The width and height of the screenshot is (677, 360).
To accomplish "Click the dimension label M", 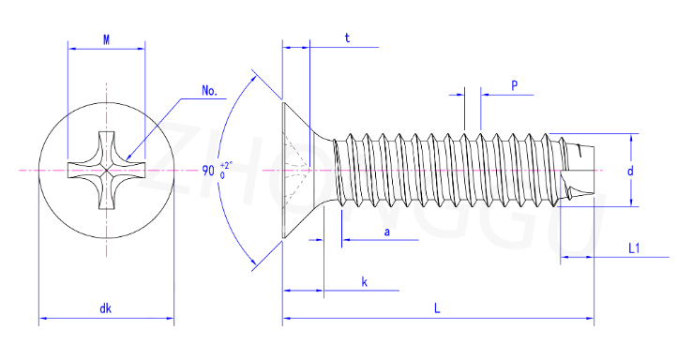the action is (106, 40).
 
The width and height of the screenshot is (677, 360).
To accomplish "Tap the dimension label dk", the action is (106, 308).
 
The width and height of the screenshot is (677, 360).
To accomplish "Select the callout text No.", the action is (209, 91).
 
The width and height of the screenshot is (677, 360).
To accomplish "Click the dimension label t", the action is (347, 38).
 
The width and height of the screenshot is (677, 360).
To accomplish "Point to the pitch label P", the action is (514, 85).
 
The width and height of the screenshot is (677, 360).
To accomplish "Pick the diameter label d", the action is (630, 171).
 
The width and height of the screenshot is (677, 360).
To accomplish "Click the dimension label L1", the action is (634, 248).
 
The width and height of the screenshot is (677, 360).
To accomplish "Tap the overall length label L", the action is (437, 308).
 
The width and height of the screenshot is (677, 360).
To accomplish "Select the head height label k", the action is (365, 282).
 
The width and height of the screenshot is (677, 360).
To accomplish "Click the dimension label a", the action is (387, 232).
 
